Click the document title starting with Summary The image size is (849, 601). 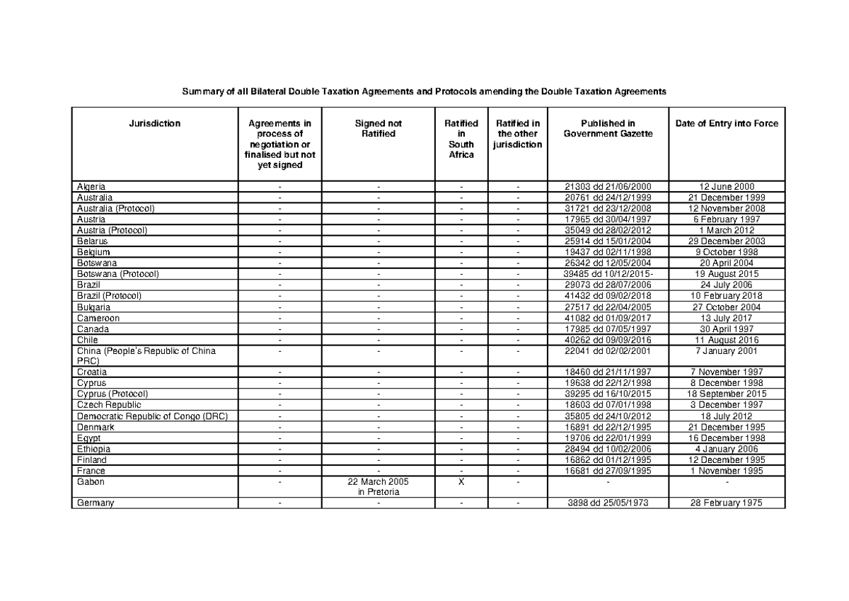click(x=424, y=92)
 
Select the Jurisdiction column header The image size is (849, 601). click(x=154, y=123)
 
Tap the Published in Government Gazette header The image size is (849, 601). click(x=608, y=128)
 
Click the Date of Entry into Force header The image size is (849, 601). click(x=727, y=123)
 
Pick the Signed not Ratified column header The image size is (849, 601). click(x=379, y=128)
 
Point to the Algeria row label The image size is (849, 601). click(x=91, y=186)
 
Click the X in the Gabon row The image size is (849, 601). click(x=461, y=481)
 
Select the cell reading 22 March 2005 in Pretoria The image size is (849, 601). click(x=379, y=486)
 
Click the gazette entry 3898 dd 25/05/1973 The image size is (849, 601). click(x=608, y=503)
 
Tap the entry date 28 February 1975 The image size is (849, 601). click(x=727, y=503)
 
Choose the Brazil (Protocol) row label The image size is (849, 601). click(x=110, y=296)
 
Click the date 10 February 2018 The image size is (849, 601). click(x=727, y=296)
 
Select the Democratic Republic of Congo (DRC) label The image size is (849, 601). click(x=152, y=416)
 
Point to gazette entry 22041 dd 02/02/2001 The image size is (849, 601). click(x=608, y=350)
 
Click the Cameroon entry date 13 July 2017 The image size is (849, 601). click(x=727, y=318)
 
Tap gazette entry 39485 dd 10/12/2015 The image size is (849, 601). click(x=608, y=274)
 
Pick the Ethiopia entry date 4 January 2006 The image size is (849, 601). click(x=727, y=449)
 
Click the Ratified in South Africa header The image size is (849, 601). click(x=461, y=139)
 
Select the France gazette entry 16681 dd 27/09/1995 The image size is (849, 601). click(x=608, y=471)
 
